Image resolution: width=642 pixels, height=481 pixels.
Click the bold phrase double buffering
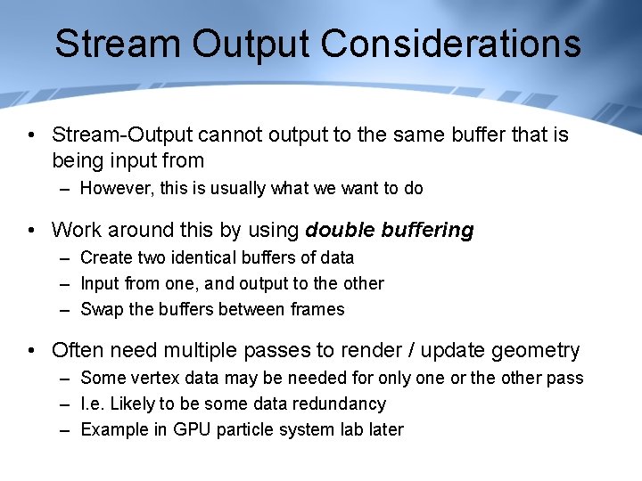[x=390, y=230]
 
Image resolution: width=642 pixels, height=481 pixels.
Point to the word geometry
[x=531, y=351]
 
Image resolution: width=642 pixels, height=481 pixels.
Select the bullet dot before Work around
[x=31, y=231]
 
